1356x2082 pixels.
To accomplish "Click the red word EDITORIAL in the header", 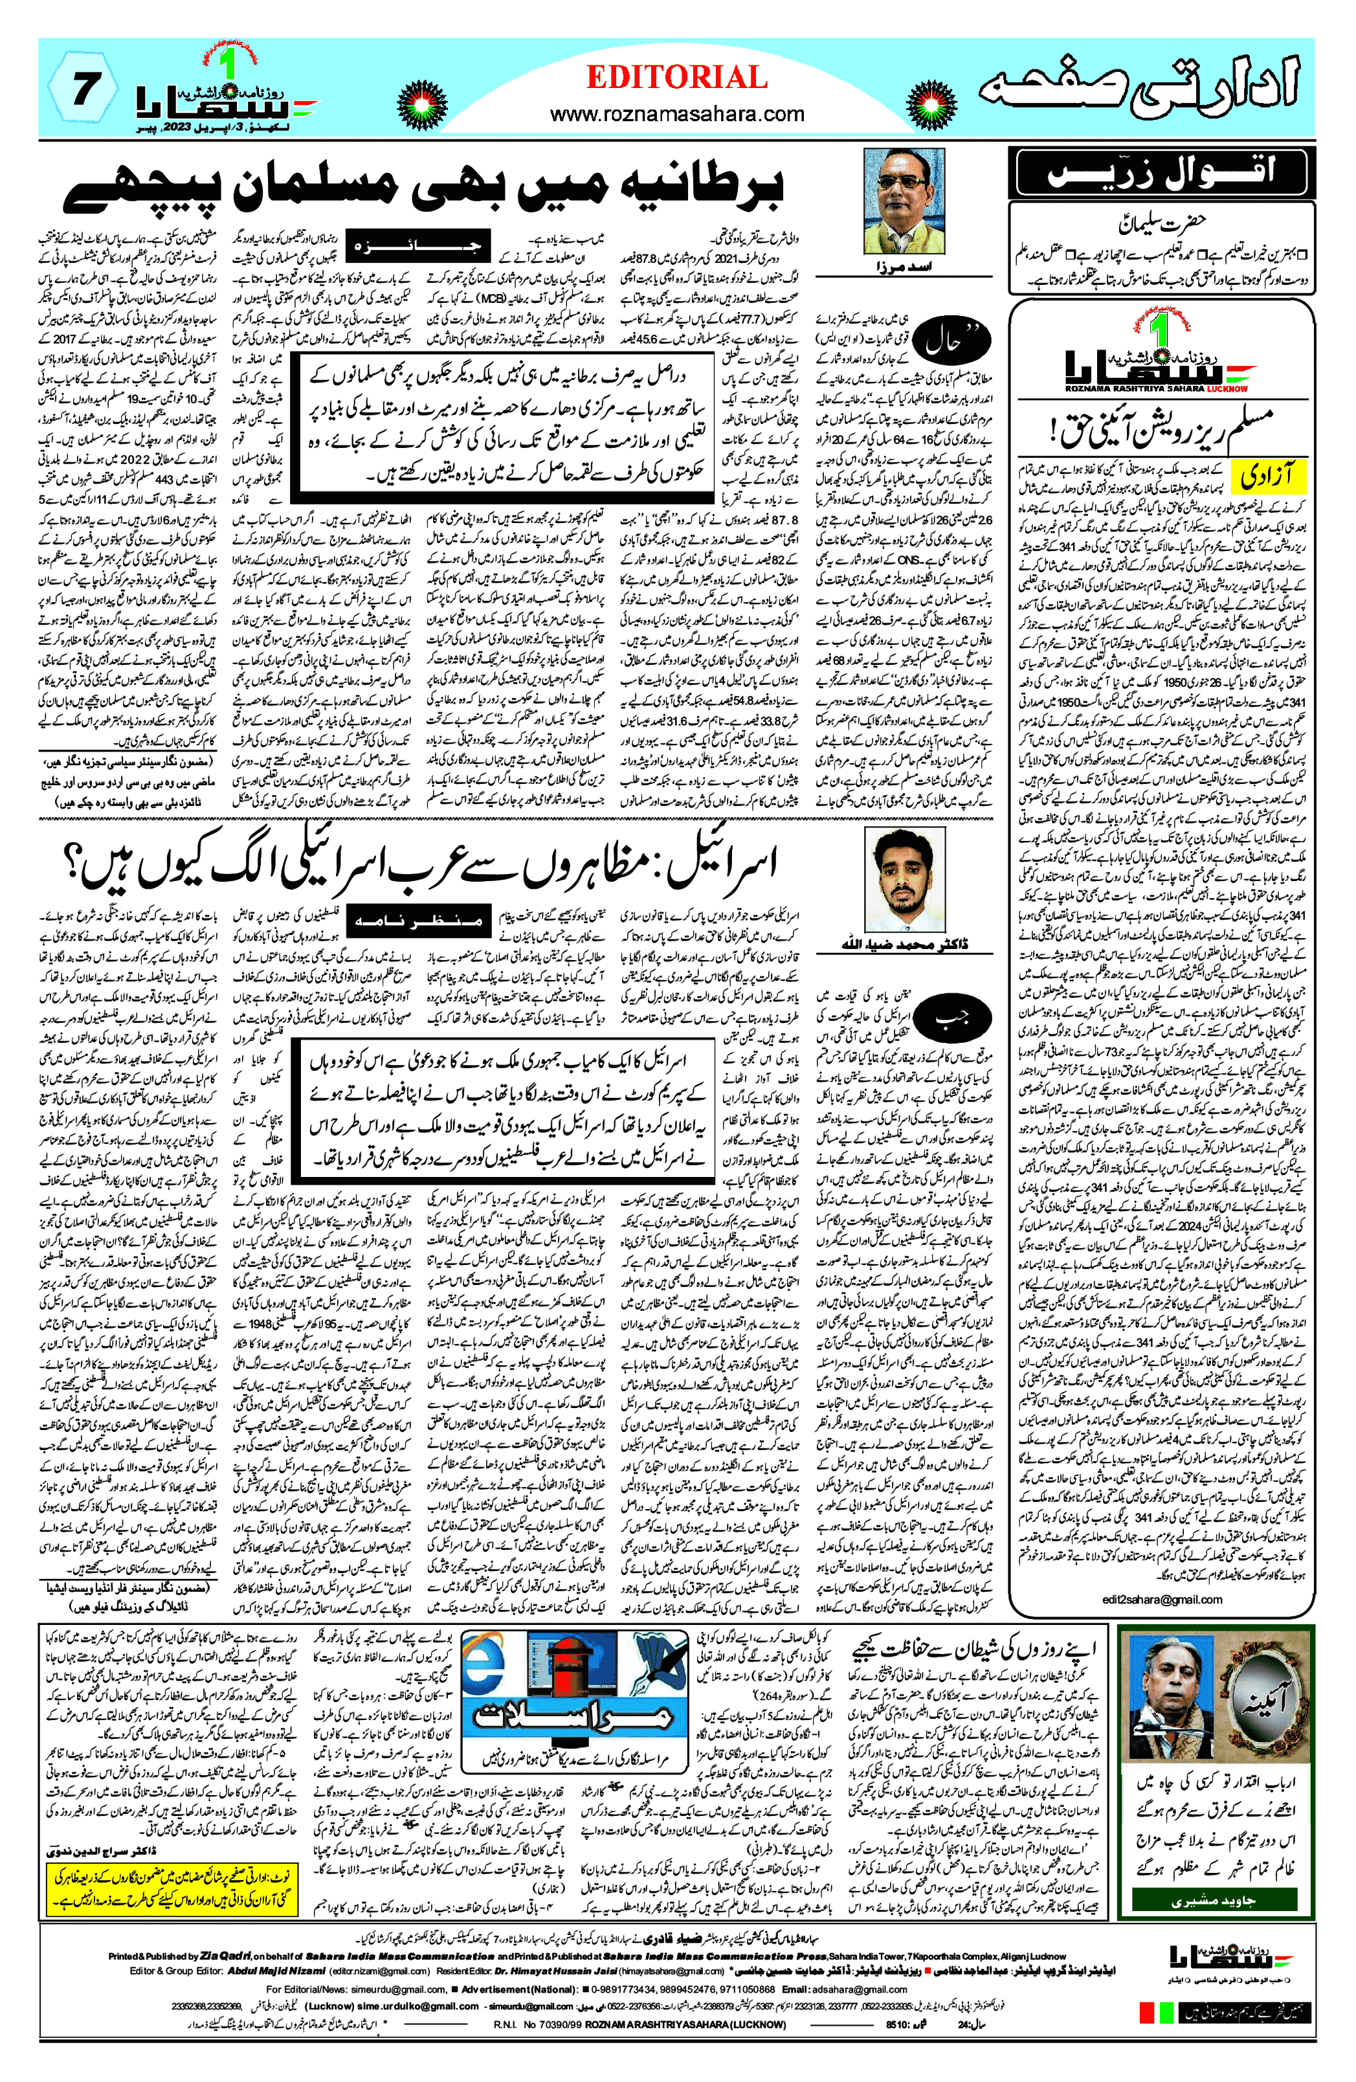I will pyautogui.click(x=676, y=77).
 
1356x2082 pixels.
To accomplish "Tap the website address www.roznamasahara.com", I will pyautogui.click(x=676, y=114).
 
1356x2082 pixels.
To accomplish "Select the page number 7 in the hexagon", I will pyautogui.click(x=82, y=90).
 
